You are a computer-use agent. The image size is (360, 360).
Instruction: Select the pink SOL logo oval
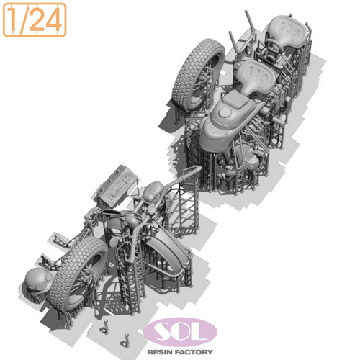180,332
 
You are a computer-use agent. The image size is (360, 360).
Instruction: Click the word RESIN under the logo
160,352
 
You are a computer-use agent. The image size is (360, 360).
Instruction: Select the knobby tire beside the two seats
198,73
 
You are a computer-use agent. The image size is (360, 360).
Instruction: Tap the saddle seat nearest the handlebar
287,30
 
